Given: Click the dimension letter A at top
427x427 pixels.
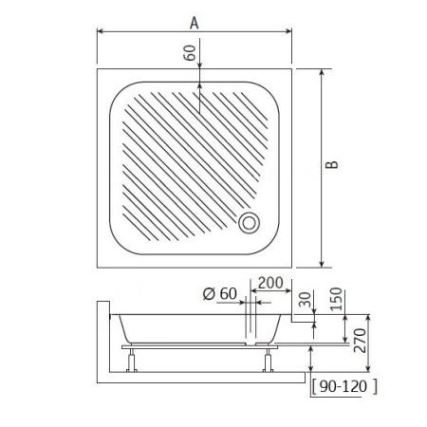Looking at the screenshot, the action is (x=194, y=23).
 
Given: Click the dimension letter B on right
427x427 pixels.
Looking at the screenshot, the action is (x=332, y=164).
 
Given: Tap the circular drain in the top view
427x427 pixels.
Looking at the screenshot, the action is (x=250, y=223).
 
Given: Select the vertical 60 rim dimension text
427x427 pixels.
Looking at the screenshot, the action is (x=190, y=52).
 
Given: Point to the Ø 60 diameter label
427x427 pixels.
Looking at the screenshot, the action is (x=220, y=293).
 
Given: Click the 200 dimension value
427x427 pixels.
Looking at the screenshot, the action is (x=270, y=283).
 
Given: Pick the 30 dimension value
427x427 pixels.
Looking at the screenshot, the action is (x=306, y=300).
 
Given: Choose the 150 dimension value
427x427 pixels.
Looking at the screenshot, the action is (x=336, y=299).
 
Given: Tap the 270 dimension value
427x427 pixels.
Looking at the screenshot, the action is (x=360, y=341).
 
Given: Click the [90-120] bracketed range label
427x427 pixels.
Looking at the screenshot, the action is (x=344, y=386).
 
